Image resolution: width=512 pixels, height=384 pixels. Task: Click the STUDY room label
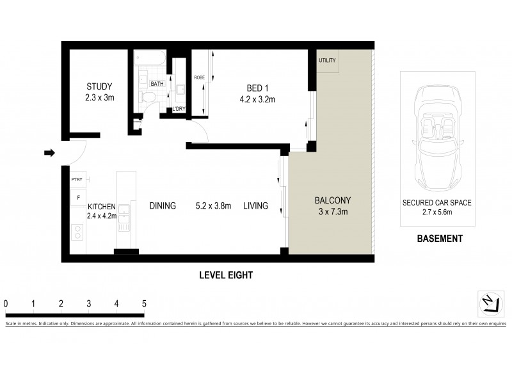click(x=100, y=87)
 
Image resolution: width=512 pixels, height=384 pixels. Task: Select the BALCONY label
click(x=332, y=200)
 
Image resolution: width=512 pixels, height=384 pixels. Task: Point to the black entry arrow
click(x=49, y=152)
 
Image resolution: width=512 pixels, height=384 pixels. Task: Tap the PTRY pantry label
click(x=77, y=181)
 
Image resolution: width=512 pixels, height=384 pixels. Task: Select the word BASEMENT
click(x=439, y=239)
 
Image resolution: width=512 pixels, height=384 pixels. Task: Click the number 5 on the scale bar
click(x=144, y=303)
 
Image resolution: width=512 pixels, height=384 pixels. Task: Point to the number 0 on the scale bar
click(x=5, y=303)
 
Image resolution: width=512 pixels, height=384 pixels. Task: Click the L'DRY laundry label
click(x=180, y=109)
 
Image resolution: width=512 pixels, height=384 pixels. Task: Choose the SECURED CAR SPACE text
click(x=436, y=203)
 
